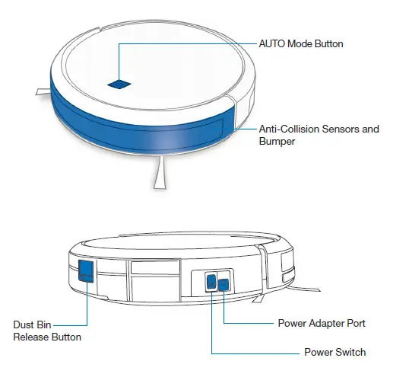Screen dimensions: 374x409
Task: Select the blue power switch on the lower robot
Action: pyautogui.click(x=211, y=282)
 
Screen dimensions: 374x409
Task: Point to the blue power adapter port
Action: pyautogui.click(x=224, y=285)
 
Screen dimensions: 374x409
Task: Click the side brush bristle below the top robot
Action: pyautogui.click(x=160, y=176)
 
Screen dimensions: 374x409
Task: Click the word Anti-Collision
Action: pyautogui.click(x=290, y=129)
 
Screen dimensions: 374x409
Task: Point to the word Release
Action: pyautogui.click(x=31, y=337)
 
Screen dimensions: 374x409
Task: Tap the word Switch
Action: pyautogui.click(x=350, y=352)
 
